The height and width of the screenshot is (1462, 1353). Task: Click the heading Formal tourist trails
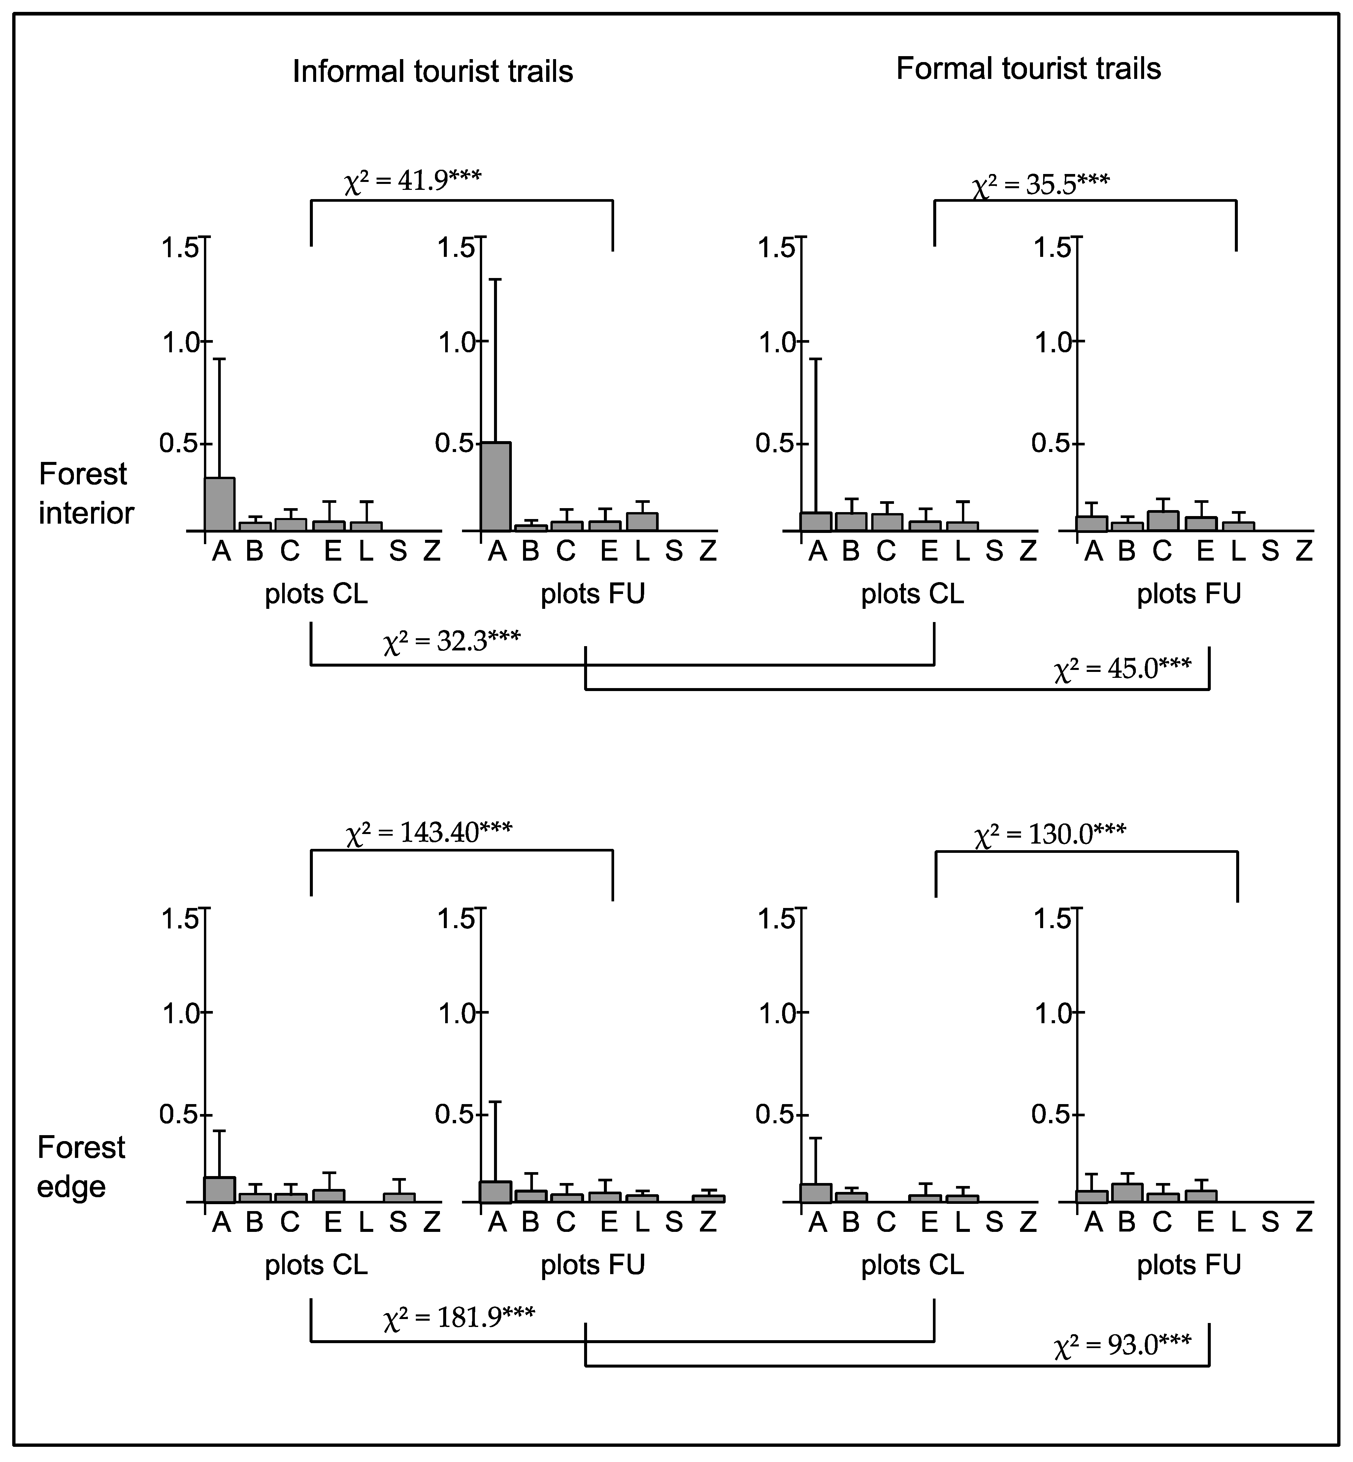tap(1028, 69)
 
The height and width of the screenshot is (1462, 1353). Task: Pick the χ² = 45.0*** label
tap(1122, 669)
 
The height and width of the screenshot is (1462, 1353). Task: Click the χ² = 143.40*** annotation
tap(428, 833)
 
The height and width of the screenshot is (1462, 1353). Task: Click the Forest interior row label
tap(86, 493)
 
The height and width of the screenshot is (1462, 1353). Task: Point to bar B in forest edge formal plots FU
tap(1128, 1193)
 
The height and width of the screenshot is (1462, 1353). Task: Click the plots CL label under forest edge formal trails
tap(912, 1265)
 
